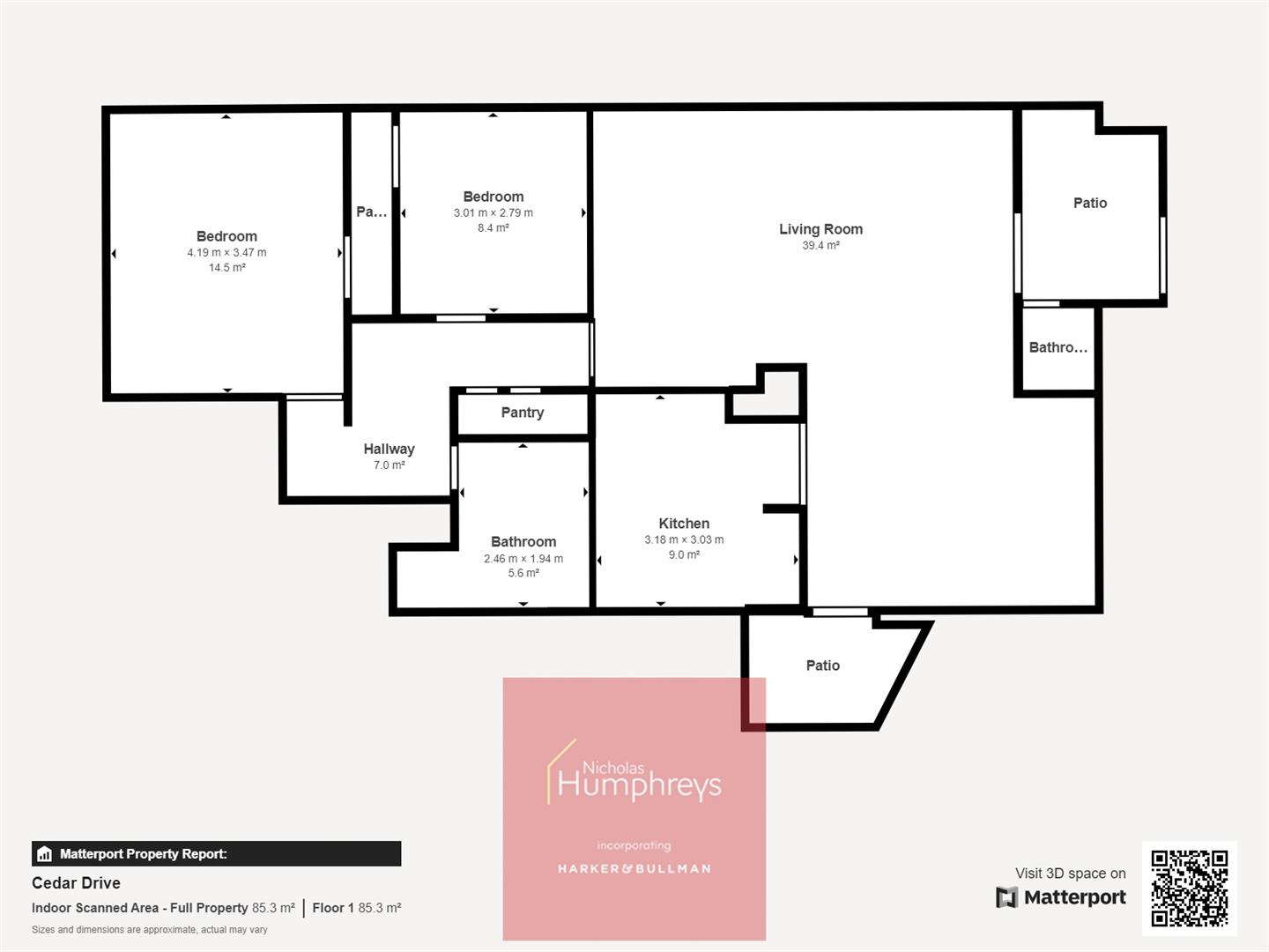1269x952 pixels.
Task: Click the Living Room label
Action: [x=820, y=229]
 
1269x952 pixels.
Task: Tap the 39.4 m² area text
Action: [x=820, y=246]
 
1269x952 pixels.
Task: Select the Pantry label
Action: [x=523, y=413]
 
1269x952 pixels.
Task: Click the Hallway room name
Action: [x=389, y=449]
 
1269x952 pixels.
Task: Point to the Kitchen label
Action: [x=684, y=524]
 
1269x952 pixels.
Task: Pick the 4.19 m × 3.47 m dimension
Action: [x=226, y=252]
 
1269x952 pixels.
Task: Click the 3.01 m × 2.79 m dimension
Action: [x=493, y=212]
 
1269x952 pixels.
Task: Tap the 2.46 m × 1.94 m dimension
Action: [x=523, y=559]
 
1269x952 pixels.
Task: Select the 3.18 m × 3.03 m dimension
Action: [x=684, y=539]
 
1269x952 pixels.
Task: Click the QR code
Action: [x=1190, y=889]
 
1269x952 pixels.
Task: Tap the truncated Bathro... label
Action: [x=1057, y=347]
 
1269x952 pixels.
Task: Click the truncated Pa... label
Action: [x=371, y=212]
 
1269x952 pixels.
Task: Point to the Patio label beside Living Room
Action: [x=1090, y=203]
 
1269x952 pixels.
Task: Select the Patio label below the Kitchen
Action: [x=823, y=666]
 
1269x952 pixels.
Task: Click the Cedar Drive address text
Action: [x=76, y=882]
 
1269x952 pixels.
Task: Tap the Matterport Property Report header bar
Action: [x=217, y=853]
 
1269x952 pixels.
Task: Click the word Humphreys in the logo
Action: [x=640, y=785]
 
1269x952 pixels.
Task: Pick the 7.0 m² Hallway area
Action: [x=389, y=465]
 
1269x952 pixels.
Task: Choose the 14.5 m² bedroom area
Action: [x=226, y=268]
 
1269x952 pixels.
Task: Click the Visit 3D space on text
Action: [x=1070, y=874]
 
